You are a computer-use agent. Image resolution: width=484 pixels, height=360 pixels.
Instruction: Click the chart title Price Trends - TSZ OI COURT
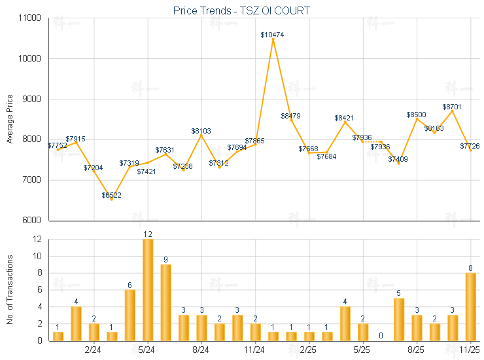[x=241, y=10]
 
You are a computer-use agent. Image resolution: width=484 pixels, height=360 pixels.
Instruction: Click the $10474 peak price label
[x=272, y=34]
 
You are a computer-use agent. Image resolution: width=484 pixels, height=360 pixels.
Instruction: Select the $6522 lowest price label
[x=111, y=195]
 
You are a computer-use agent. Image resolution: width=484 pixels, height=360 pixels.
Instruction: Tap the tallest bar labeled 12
[x=148, y=290]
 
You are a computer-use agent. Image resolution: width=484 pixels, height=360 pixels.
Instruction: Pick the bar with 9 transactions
[x=165, y=302]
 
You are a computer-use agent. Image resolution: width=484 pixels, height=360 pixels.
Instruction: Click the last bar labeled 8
[x=470, y=306]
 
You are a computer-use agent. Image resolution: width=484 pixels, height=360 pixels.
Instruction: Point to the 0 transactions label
[x=381, y=336]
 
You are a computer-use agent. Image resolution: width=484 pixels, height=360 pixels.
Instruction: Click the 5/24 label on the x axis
[x=147, y=350]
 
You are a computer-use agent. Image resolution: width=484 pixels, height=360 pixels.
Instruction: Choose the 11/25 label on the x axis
[x=470, y=350]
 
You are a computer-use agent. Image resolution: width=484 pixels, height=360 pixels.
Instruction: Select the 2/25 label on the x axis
[x=309, y=350]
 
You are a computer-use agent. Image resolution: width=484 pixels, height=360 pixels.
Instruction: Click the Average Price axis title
[x=10, y=119]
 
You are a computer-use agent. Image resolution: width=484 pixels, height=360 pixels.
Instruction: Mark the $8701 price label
[x=452, y=106]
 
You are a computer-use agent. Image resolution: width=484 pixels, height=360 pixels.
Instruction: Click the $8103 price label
[x=201, y=131]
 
